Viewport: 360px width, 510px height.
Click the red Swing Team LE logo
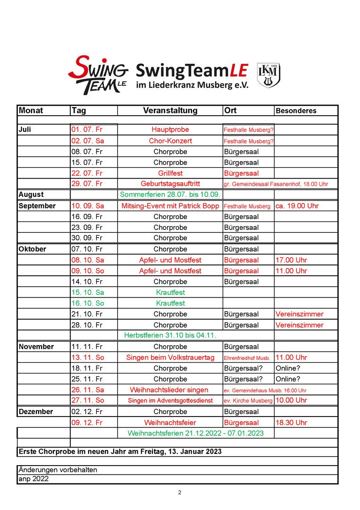(x=98, y=75)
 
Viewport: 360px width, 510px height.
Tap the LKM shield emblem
(x=268, y=75)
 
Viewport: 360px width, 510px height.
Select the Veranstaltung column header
(x=170, y=110)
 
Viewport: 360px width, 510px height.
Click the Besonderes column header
(x=296, y=111)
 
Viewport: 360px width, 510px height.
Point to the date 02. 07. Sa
(x=87, y=141)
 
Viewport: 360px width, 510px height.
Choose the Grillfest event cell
(x=170, y=173)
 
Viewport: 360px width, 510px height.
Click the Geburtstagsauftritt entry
(x=170, y=184)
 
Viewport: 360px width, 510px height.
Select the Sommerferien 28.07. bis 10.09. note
(x=170, y=195)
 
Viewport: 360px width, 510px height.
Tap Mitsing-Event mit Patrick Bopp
(x=170, y=206)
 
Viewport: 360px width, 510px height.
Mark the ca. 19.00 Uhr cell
(x=297, y=206)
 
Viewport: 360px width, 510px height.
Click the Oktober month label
(x=32, y=249)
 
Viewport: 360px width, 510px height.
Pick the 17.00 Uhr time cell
(x=291, y=260)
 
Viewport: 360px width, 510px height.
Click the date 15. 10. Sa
(x=87, y=292)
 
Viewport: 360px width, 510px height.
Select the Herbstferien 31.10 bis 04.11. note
(x=170, y=335)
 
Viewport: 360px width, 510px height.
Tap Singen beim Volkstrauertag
(x=170, y=357)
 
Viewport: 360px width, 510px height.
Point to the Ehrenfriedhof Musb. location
(x=247, y=358)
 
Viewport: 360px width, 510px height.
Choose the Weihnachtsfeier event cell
(x=170, y=423)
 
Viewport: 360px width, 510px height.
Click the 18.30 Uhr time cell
(x=291, y=423)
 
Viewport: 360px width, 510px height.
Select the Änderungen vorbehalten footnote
(x=58, y=470)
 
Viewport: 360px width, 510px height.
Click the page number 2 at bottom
(x=179, y=493)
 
